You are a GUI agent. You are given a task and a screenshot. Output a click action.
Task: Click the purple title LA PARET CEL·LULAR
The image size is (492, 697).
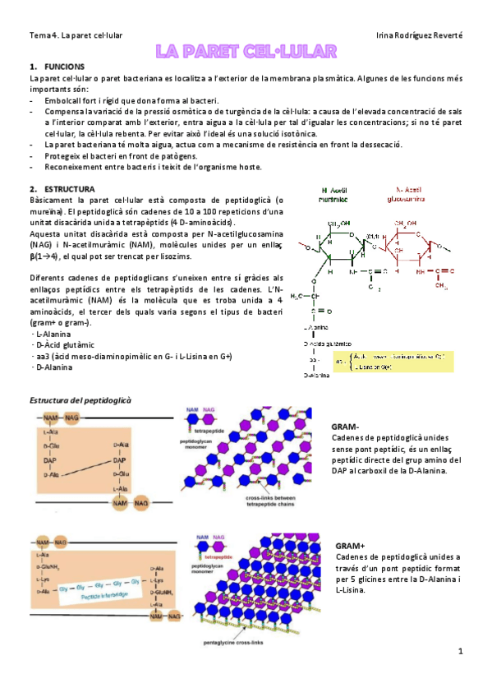point(246,52)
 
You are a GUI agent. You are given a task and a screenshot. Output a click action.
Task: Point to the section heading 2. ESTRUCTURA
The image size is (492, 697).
point(63,188)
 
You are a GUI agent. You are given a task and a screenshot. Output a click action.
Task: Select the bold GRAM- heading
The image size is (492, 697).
point(345,427)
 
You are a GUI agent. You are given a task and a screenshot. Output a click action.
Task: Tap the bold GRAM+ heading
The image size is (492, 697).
point(350,546)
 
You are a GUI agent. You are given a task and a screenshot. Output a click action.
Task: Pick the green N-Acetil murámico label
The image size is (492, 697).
point(335,194)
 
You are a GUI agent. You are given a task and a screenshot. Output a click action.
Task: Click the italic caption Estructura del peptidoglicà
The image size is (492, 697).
point(81,399)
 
